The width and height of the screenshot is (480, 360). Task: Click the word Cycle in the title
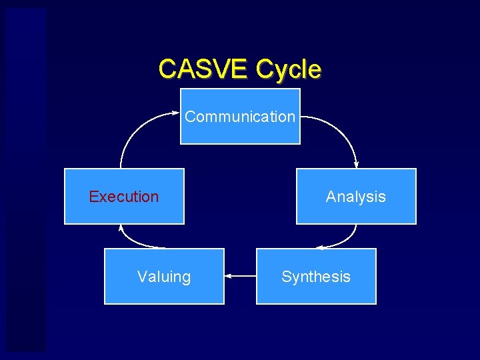point(288,69)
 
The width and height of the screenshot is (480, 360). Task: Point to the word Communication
point(240,117)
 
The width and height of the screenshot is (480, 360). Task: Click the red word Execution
point(124,197)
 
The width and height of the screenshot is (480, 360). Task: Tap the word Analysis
point(356,197)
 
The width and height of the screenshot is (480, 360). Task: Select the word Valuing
point(164,277)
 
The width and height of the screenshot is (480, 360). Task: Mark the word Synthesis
point(316,277)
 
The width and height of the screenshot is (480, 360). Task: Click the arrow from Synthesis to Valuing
point(241,275)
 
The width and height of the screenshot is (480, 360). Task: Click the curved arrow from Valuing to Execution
point(133,241)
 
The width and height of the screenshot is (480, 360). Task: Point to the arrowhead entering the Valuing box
point(228,275)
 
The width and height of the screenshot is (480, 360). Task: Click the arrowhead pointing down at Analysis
point(357,165)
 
